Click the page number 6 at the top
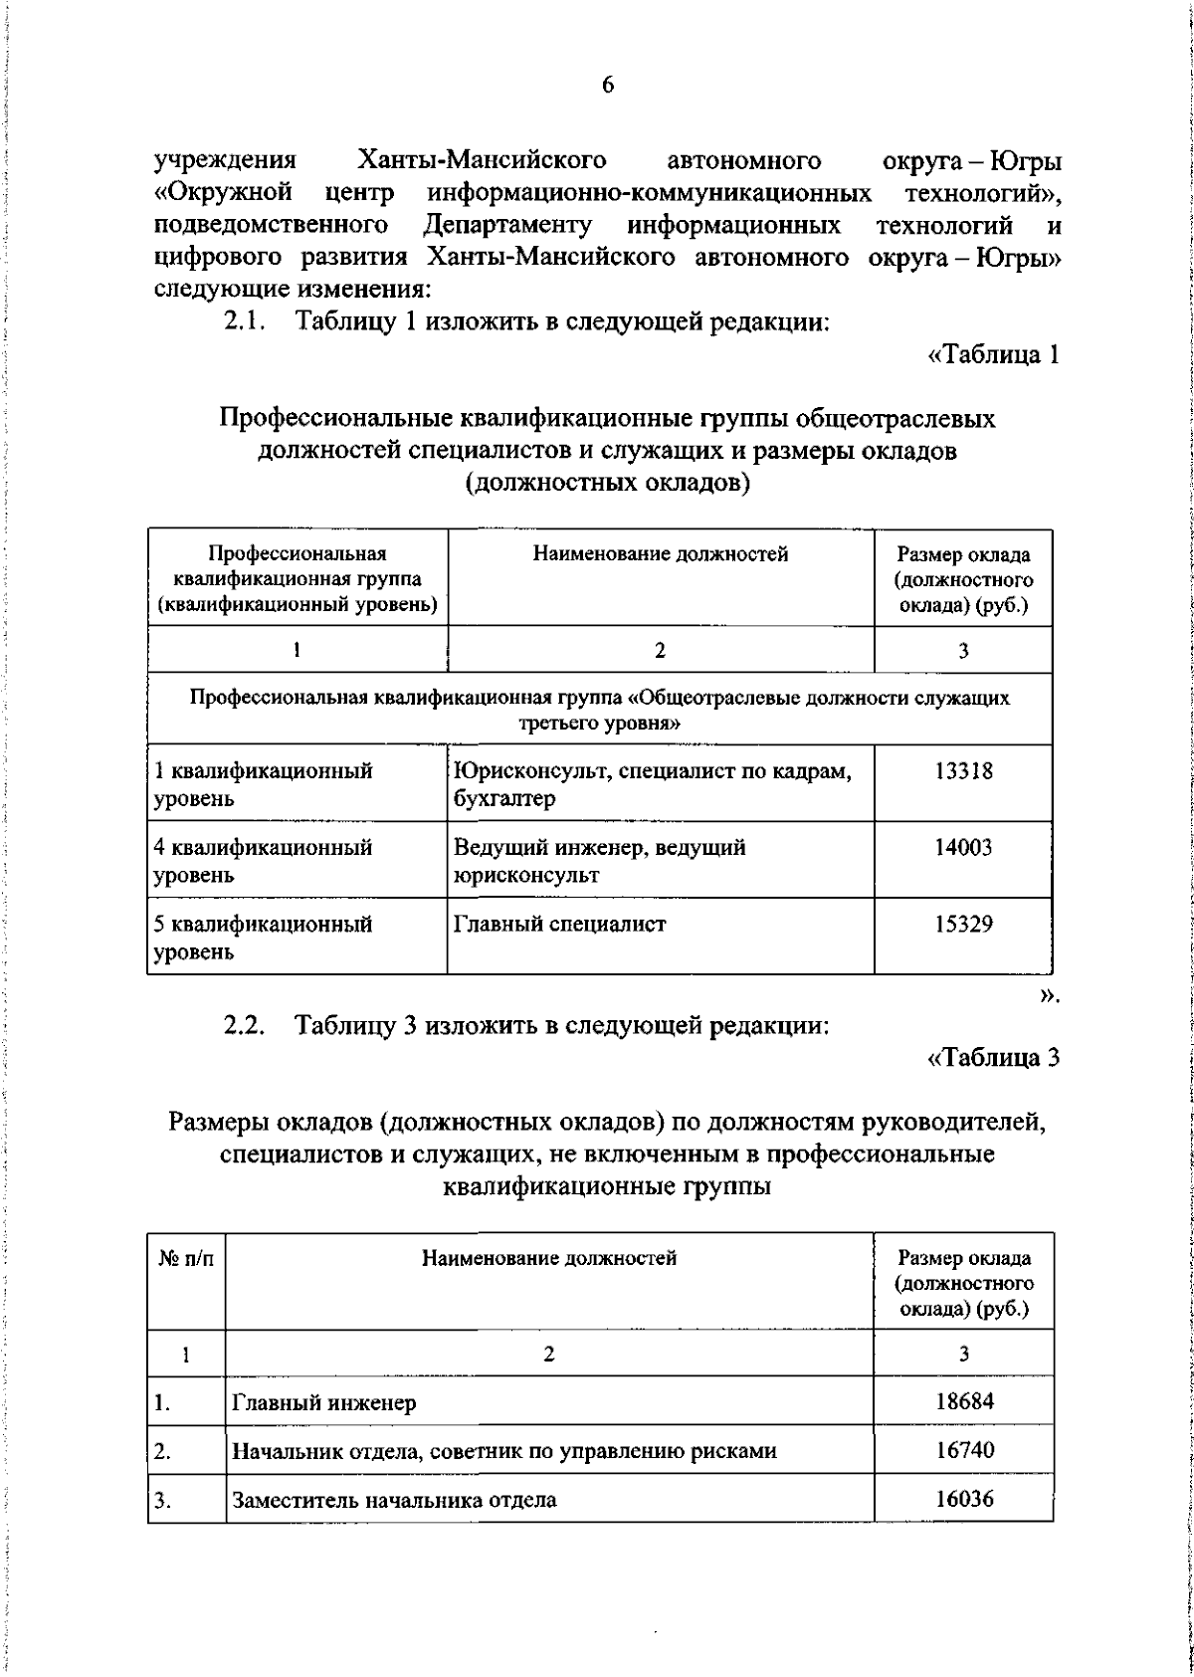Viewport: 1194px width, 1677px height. click(x=608, y=86)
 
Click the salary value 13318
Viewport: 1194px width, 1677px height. click(x=963, y=770)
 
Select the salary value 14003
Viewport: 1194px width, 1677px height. click(x=963, y=847)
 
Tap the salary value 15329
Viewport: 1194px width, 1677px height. click(x=963, y=924)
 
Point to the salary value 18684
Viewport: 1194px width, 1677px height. click(x=964, y=1401)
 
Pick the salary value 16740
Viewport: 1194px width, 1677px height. click(x=964, y=1450)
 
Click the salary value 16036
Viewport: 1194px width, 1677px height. click(x=964, y=1499)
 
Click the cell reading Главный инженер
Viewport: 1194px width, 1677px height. click(x=324, y=1403)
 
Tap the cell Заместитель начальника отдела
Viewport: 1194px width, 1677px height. click(x=394, y=1500)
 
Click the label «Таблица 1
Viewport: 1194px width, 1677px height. click(x=992, y=355)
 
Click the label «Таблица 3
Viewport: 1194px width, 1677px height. click(x=992, y=1057)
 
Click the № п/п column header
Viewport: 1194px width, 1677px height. click(x=186, y=1259)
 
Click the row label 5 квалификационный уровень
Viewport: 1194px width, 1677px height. click(x=263, y=938)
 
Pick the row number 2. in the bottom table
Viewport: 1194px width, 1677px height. click(x=162, y=1451)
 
